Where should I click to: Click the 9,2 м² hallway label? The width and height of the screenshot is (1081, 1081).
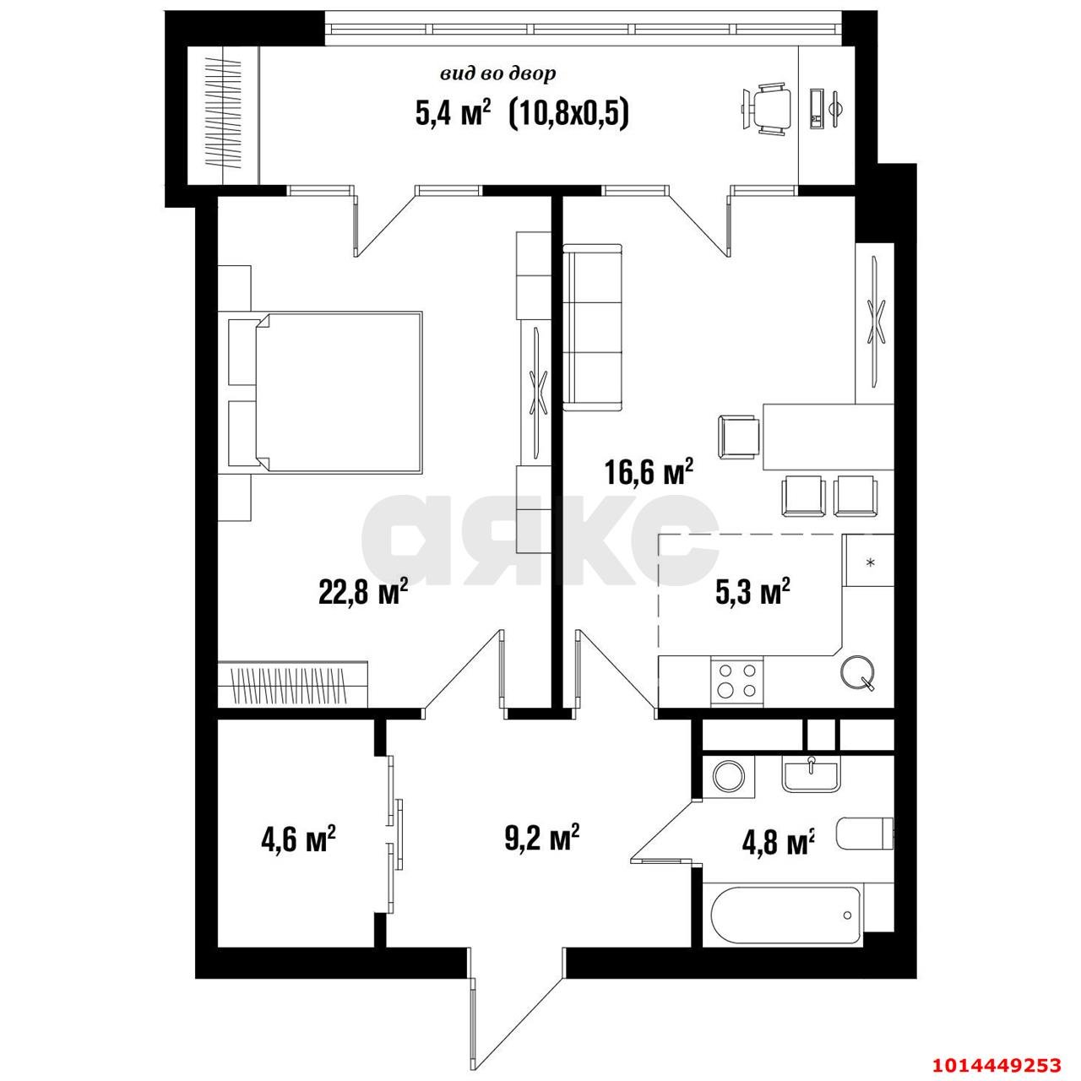(x=541, y=839)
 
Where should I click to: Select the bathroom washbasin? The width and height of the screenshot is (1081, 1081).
(x=811, y=774)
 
